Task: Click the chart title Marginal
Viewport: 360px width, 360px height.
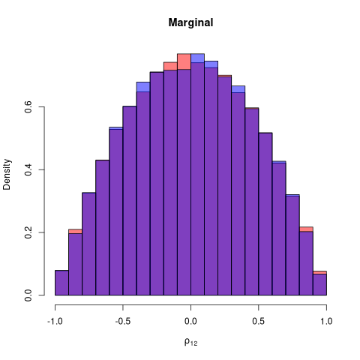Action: pyautogui.click(x=190, y=22)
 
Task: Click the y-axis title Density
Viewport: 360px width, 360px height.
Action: pyautogui.click(x=8, y=173)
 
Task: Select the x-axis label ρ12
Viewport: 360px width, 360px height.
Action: pyautogui.click(x=190, y=343)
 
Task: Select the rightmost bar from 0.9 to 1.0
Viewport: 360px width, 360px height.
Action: pyautogui.click(x=319, y=285)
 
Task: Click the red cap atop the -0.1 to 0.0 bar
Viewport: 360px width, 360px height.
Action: pyautogui.click(x=184, y=61)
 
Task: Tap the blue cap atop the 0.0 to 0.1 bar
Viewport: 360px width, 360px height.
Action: pyautogui.click(x=197, y=58)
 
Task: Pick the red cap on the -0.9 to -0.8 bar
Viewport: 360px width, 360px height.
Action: pyautogui.click(x=75, y=231)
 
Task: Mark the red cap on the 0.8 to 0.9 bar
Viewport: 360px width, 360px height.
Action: pyautogui.click(x=306, y=229)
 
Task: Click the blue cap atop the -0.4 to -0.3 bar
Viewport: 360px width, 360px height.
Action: pyautogui.click(x=143, y=86)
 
